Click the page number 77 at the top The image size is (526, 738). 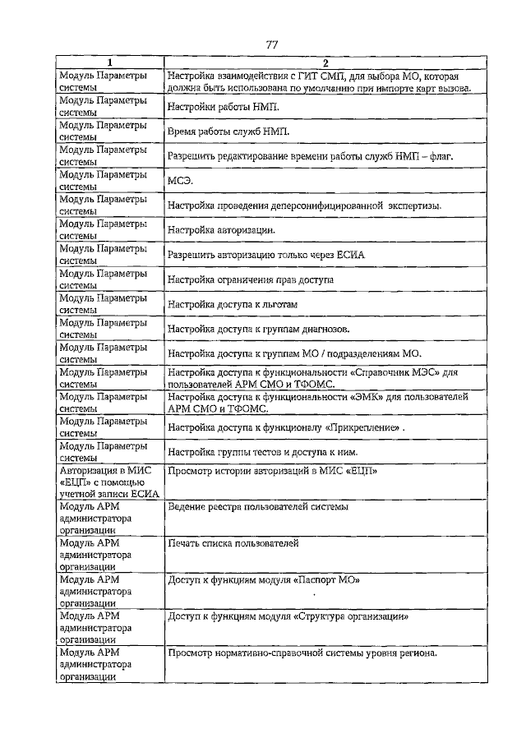tap(272, 44)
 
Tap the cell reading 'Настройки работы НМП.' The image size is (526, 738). tap(223, 107)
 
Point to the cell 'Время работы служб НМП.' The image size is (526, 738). tap(228, 131)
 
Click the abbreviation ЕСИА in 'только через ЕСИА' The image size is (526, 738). tap(347, 255)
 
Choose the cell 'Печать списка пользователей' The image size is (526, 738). tap(233, 543)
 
